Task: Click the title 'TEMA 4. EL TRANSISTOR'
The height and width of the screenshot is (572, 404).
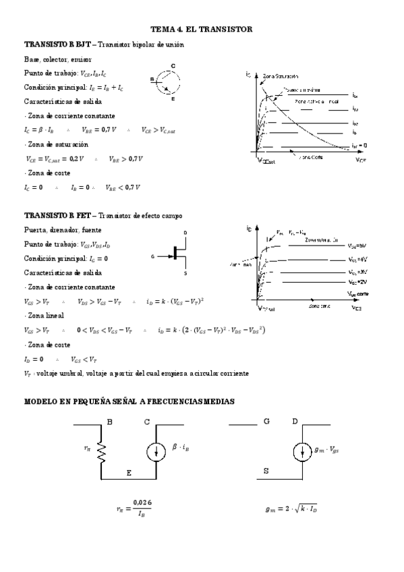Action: pos(202,30)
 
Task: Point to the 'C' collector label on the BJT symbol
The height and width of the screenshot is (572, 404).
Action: pos(173,65)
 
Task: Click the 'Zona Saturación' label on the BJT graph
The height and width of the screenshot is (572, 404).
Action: pos(281,76)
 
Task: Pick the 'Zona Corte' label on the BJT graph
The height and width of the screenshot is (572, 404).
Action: pos(311,158)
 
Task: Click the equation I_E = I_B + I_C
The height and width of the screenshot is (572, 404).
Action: pos(101,88)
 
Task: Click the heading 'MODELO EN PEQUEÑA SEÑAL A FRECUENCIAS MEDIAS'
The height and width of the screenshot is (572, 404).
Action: pos(129,401)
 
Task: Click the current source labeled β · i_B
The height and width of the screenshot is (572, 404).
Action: pos(156,452)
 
